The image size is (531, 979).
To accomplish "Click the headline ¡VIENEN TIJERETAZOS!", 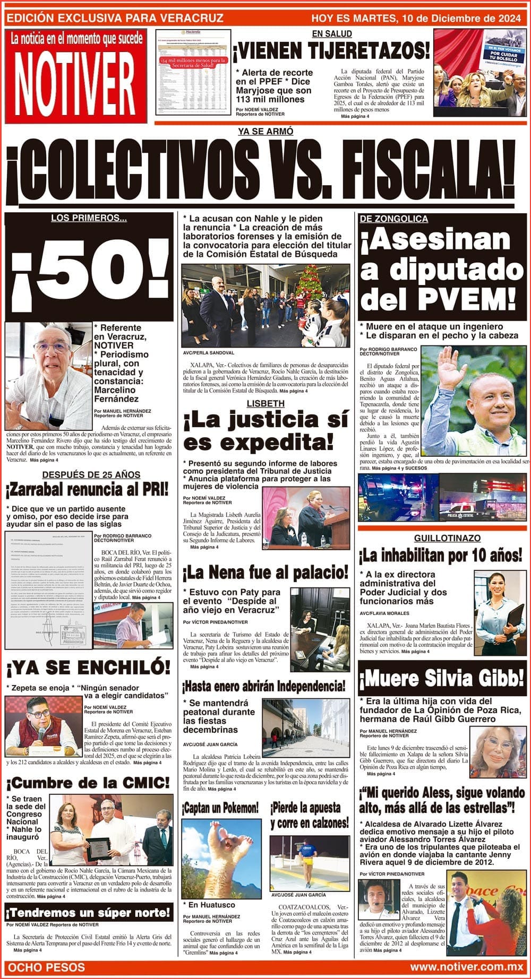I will tap(331, 51).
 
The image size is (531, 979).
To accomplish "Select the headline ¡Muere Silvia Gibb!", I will tap(442, 678).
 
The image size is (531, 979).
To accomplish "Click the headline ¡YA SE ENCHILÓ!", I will tap(88, 668).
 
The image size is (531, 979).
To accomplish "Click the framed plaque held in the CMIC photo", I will tap(99, 849).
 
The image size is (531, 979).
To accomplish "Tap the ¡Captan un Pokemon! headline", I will tap(220, 808).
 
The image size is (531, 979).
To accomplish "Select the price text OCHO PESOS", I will tap(47, 967).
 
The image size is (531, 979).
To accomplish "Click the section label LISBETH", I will tap(265, 404).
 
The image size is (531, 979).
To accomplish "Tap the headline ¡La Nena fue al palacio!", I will tap(265, 573).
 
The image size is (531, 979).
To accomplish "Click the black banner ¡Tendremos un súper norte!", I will tap(88, 913).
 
